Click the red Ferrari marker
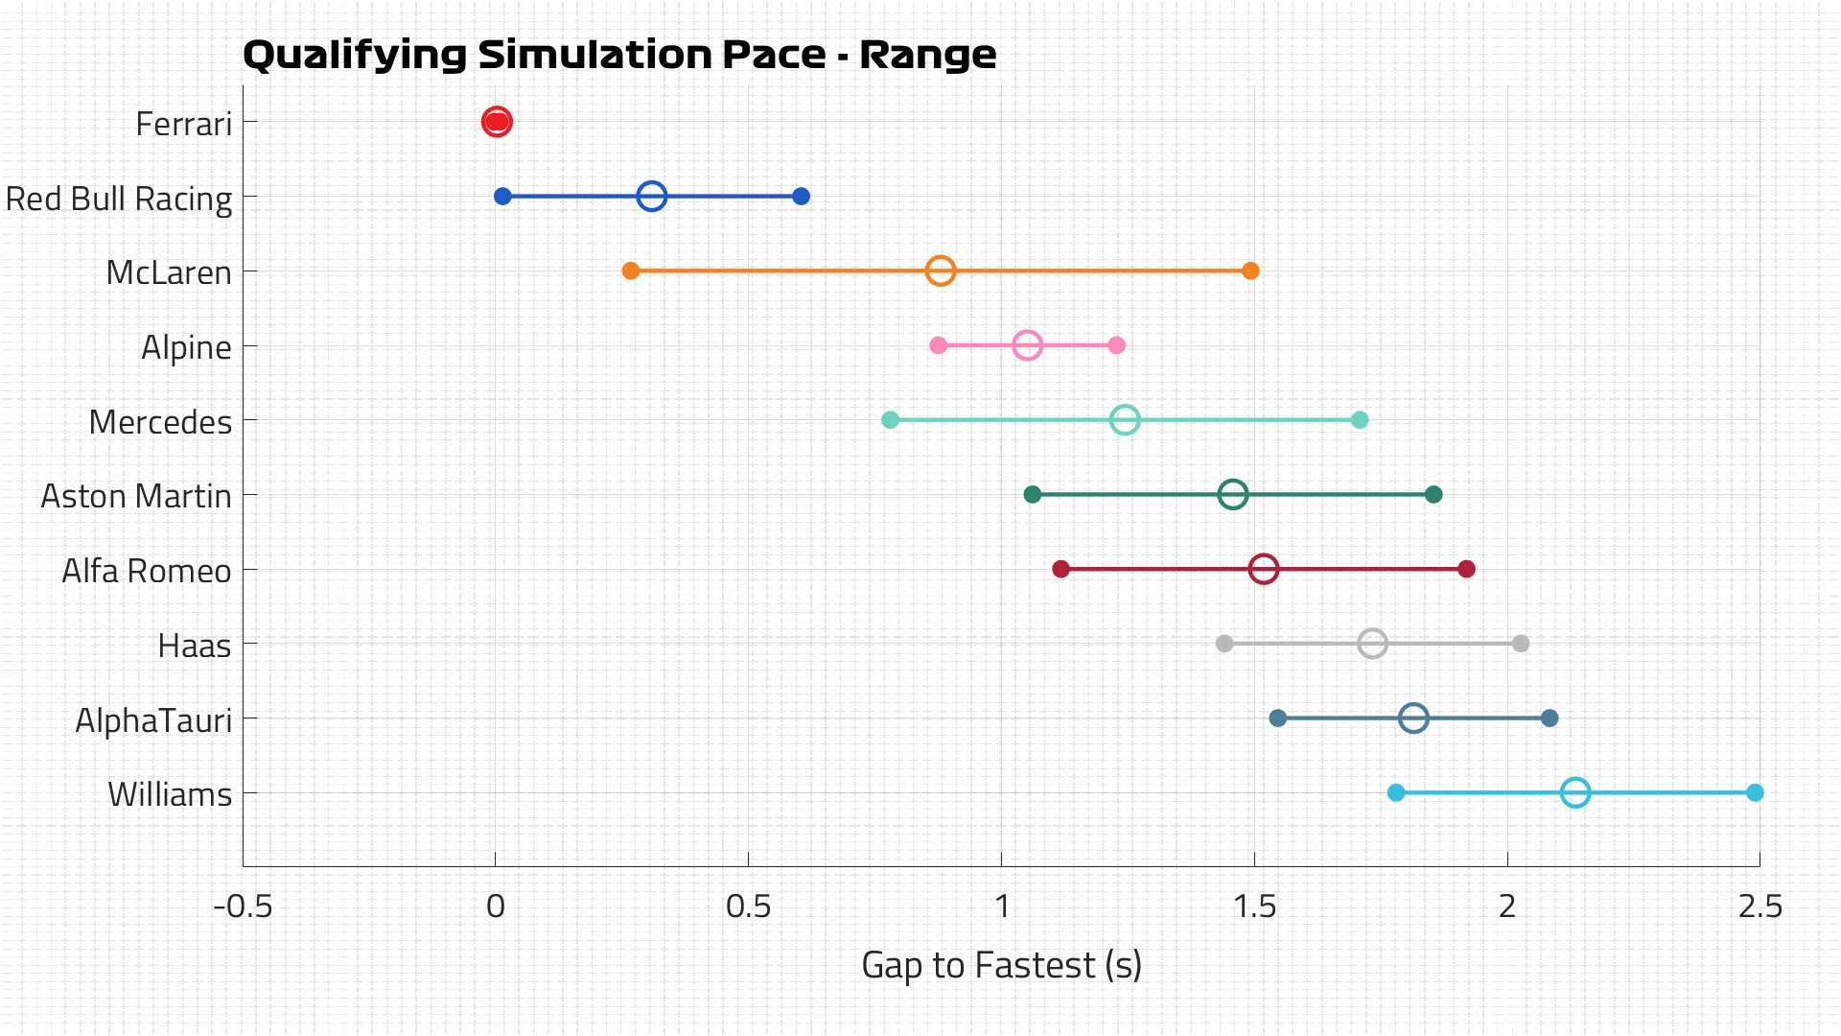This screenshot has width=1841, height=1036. click(496, 122)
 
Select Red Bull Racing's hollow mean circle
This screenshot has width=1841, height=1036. click(652, 197)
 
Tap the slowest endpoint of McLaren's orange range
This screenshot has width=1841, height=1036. click(1250, 271)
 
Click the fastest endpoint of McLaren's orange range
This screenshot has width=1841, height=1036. click(631, 271)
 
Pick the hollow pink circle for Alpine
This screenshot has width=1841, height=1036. click(1027, 345)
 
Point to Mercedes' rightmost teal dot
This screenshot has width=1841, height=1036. click(1360, 420)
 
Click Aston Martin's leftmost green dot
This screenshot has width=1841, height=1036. click(1033, 495)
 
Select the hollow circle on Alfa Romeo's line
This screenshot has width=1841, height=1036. click(1264, 569)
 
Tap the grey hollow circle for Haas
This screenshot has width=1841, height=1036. click(1372, 644)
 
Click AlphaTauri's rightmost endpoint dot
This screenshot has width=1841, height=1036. click(1550, 718)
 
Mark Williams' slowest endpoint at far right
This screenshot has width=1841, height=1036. click(1755, 792)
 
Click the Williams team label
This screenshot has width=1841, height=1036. click(170, 794)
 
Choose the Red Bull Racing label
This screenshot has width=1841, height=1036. click(119, 199)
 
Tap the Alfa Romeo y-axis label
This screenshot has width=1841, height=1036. click(147, 571)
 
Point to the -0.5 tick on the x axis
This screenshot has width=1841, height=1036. click(244, 906)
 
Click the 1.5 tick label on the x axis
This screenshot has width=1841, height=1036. click(1254, 906)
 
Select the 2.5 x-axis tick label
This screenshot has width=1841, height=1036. click(1759, 906)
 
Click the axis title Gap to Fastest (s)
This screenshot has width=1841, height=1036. click(1001, 965)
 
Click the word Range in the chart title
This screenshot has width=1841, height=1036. click(927, 55)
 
